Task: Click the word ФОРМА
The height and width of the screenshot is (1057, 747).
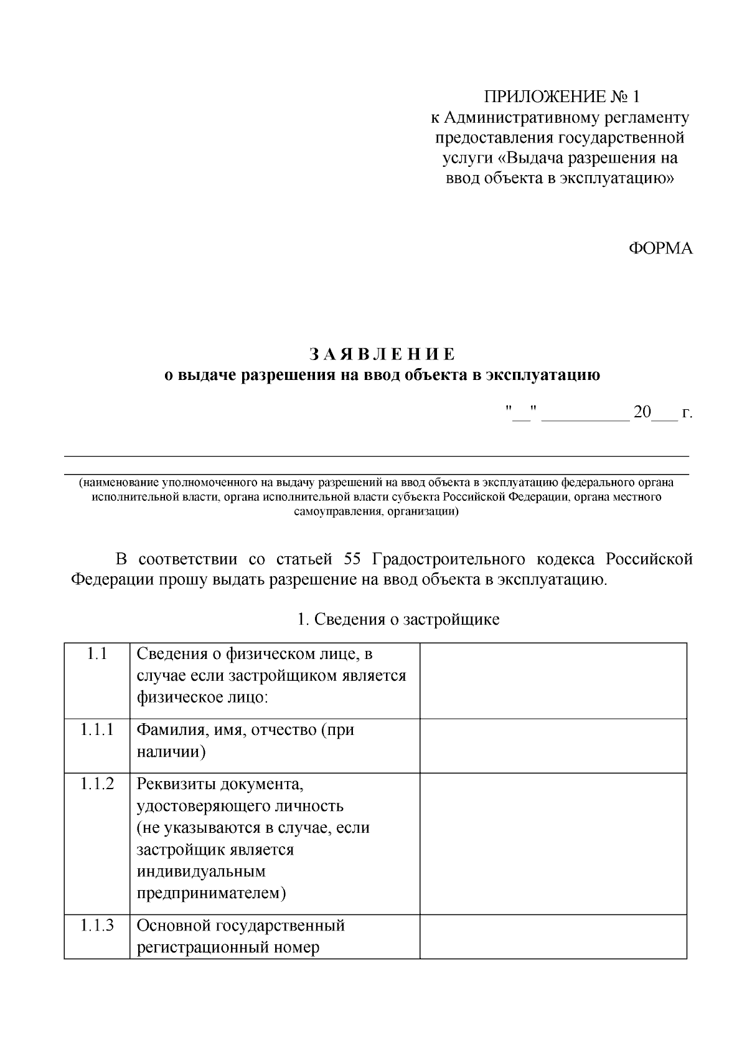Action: tap(660, 249)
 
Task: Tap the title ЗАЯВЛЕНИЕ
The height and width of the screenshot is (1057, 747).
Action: tap(382, 354)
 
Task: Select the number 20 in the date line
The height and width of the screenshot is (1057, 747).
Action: tap(642, 412)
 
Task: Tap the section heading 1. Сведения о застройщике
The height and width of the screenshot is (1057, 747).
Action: tap(398, 620)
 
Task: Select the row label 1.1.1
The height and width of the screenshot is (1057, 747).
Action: tap(96, 730)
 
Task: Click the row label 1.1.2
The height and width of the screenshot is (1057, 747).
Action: tap(96, 784)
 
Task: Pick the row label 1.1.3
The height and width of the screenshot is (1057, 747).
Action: tap(96, 925)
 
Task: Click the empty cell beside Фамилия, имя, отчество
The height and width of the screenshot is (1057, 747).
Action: tap(553, 746)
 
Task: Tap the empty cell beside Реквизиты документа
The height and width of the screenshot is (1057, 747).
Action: tap(553, 843)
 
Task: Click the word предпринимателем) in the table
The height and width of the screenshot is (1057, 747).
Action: tap(211, 893)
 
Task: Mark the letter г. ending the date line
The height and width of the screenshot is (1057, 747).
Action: tap(687, 414)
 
